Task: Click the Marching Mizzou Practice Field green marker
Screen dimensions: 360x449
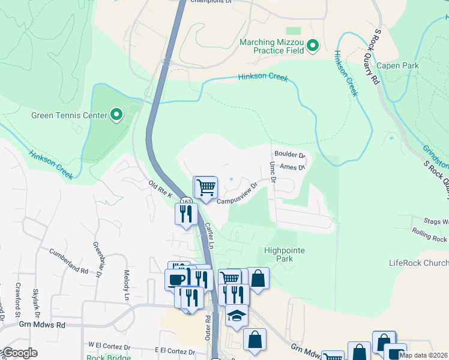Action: [x=312, y=46]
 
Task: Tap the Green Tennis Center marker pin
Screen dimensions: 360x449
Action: [x=116, y=115]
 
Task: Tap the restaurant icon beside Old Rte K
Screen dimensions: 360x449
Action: [x=186, y=214]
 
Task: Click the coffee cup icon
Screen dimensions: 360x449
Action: [x=176, y=280]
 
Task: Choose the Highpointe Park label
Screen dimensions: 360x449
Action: [x=287, y=254]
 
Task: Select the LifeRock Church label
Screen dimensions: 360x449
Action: [x=418, y=263]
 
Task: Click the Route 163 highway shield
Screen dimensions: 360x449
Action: [x=187, y=201]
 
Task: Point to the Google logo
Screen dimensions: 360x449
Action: [x=19, y=353]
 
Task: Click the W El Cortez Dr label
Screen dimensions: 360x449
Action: [x=109, y=347]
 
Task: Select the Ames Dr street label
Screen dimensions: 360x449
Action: [x=293, y=168]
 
